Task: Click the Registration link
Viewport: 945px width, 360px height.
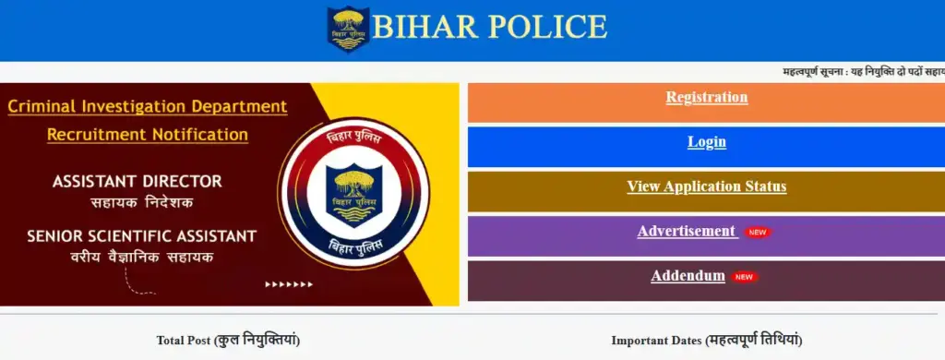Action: click(706, 98)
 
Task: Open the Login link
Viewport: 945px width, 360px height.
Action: click(706, 142)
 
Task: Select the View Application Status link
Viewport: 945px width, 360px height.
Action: click(706, 186)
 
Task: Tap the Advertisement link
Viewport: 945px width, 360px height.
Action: click(687, 231)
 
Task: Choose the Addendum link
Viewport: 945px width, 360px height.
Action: click(688, 276)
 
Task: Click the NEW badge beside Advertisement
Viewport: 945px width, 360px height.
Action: click(758, 233)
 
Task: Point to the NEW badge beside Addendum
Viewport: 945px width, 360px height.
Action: click(745, 278)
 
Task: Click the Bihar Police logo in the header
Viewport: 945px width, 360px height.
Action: click(348, 29)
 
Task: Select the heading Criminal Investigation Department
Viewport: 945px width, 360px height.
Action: click(148, 107)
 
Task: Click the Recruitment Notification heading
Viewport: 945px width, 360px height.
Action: click(148, 134)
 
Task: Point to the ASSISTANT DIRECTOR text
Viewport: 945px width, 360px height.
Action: click(138, 182)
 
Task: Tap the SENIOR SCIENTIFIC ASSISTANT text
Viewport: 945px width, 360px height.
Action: click(141, 236)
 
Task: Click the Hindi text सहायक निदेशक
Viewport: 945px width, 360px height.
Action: click(142, 202)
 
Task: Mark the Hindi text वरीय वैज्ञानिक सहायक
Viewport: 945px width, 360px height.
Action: click(141, 257)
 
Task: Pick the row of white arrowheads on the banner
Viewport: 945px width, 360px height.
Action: click(289, 284)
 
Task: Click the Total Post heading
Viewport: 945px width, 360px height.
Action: click(229, 341)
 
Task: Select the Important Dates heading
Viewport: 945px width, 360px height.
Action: click(706, 341)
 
